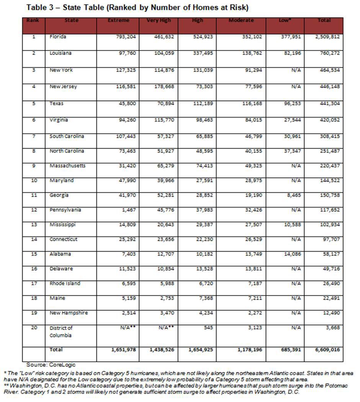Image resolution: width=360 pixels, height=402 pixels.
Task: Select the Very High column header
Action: point(158,20)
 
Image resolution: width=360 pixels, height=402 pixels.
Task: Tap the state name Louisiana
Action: point(61,54)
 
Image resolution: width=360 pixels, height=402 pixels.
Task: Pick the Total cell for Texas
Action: point(329,104)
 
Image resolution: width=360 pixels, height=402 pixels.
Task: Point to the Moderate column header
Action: point(241,20)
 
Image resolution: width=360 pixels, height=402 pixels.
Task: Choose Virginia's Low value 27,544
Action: point(293,120)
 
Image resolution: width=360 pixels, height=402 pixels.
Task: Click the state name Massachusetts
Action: point(67,166)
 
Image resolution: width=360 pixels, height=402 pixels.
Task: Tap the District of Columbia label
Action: point(61,332)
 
